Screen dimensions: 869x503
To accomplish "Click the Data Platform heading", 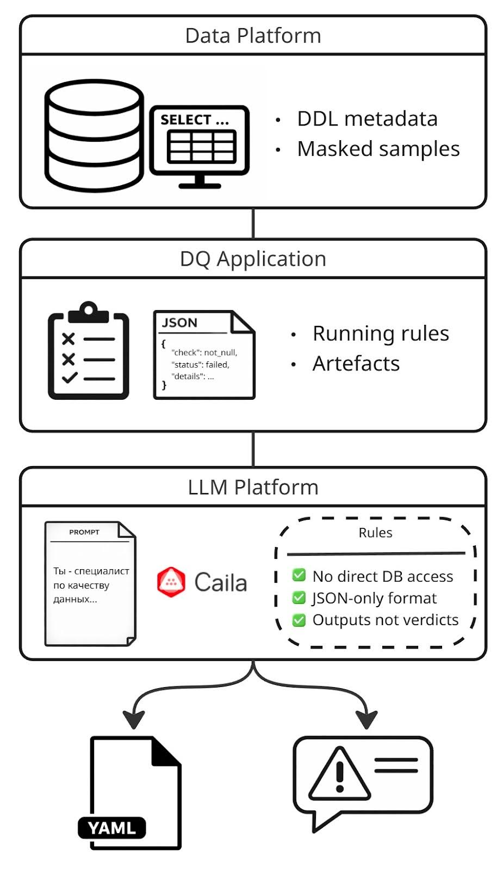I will (253, 36).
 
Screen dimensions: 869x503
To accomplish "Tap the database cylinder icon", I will (94, 136).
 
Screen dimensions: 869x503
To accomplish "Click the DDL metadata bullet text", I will (367, 119).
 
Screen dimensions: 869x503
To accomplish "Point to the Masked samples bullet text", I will (378, 149).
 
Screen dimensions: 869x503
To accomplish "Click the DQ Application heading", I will (253, 259).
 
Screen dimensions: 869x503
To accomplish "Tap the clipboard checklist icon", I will (89, 352).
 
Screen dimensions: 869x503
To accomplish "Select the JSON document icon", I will (204, 355).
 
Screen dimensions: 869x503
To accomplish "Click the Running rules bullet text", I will (381, 333).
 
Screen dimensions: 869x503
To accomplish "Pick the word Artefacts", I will (356, 363).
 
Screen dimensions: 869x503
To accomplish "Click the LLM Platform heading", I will (253, 487).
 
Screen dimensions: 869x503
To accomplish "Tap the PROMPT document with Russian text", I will (90, 584).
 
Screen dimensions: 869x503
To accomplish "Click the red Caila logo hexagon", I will (171, 582).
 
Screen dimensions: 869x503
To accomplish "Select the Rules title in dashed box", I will (375, 533).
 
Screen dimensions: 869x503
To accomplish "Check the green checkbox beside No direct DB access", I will (299, 575).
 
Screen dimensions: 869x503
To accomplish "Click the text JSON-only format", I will (374, 598).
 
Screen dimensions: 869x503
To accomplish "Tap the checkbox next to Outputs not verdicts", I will (299, 620).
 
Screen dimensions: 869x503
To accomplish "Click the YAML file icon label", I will (112, 828).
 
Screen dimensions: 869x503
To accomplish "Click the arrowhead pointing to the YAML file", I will (134, 720).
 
